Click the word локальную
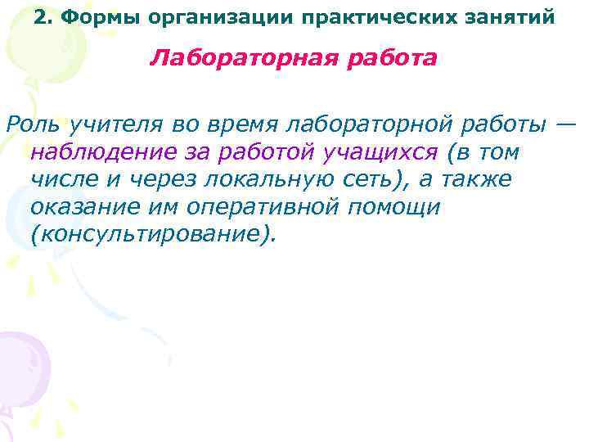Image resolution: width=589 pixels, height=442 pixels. coord(245,180)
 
